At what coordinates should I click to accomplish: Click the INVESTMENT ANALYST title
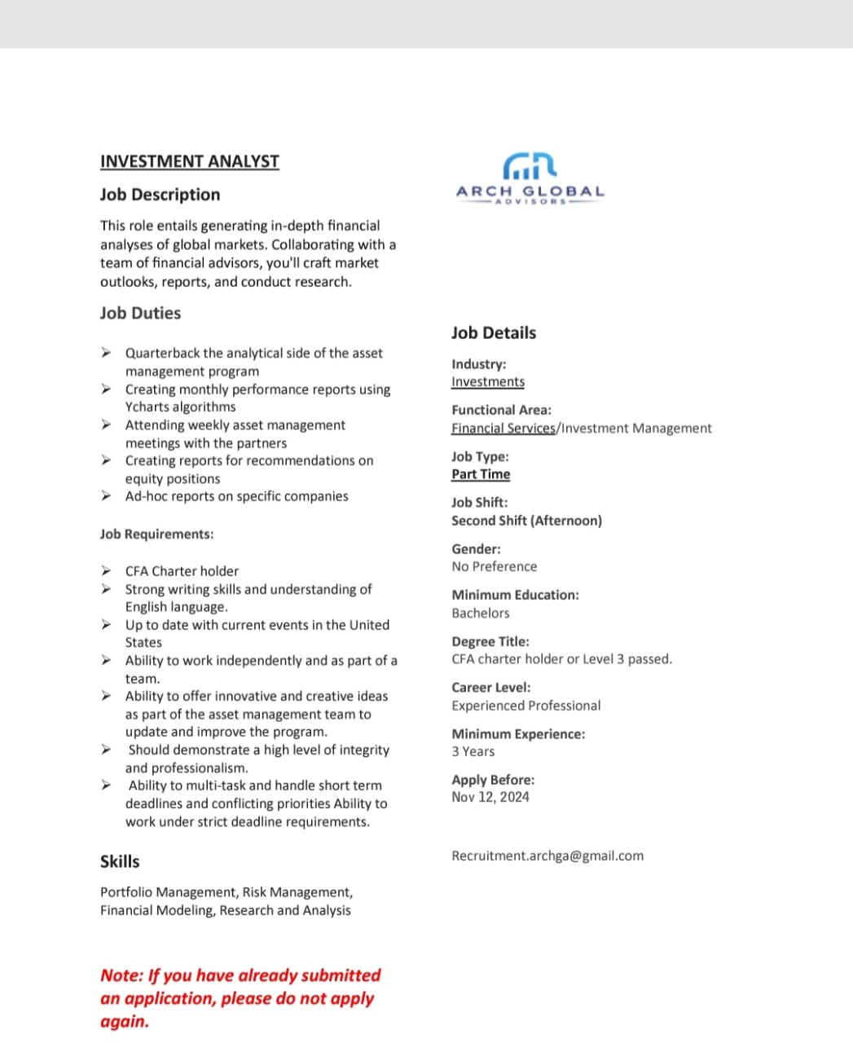pyautogui.click(x=189, y=161)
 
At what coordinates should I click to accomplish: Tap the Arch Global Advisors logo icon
pyautogui.click(x=530, y=166)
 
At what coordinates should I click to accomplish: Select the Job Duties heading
pyautogui.click(x=140, y=313)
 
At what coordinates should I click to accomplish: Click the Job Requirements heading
pyautogui.click(x=156, y=534)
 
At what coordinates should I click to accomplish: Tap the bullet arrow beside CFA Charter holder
pyautogui.click(x=106, y=570)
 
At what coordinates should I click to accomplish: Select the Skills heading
pyautogui.click(x=120, y=861)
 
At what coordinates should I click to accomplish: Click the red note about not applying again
pyautogui.click(x=240, y=997)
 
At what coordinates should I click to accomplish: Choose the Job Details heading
pyautogui.click(x=494, y=332)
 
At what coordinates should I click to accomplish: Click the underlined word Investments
pyautogui.click(x=488, y=381)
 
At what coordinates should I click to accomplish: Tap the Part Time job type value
pyautogui.click(x=481, y=474)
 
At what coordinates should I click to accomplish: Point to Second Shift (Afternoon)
pyautogui.click(x=526, y=520)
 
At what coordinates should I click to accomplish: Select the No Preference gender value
pyautogui.click(x=495, y=566)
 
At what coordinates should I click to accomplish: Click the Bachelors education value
pyautogui.click(x=481, y=613)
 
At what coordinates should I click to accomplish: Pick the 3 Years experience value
pyautogui.click(x=473, y=751)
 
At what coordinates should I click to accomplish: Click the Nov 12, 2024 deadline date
pyautogui.click(x=490, y=797)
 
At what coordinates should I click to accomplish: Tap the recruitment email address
pyautogui.click(x=547, y=856)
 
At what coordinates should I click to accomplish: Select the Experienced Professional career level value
pyautogui.click(x=526, y=706)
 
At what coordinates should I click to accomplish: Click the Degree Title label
pyautogui.click(x=490, y=641)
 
